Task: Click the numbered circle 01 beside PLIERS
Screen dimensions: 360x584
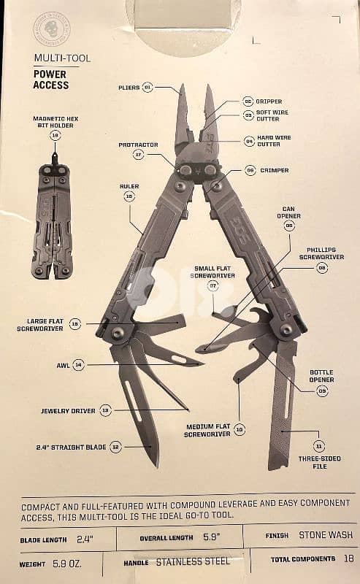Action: point(148,88)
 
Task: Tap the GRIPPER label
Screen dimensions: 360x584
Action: point(269,101)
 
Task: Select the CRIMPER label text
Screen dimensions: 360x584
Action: point(275,170)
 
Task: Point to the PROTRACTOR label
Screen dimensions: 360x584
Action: point(138,145)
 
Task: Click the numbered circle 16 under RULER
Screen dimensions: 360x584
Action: point(129,196)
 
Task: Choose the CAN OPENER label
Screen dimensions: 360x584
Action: point(288,212)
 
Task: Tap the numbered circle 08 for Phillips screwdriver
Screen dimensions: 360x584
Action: point(322,268)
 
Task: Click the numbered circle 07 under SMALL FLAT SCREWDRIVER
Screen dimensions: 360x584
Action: point(212,286)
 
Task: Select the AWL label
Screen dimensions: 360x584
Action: point(63,366)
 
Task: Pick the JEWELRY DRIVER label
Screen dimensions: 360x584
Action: point(68,411)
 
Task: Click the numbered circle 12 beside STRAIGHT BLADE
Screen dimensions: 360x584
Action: point(116,447)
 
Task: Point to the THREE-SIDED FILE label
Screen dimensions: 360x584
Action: point(319,462)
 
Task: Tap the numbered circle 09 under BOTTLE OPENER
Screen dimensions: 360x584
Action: point(322,391)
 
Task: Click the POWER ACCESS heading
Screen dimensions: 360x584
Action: point(51,80)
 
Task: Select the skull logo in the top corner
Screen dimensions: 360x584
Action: point(52,28)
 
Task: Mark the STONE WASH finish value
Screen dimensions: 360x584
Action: point(326,535)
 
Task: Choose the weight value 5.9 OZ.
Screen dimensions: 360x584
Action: point(67,564)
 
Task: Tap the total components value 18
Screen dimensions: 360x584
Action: point(349,558)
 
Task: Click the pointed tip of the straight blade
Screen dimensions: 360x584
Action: point(156,466)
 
